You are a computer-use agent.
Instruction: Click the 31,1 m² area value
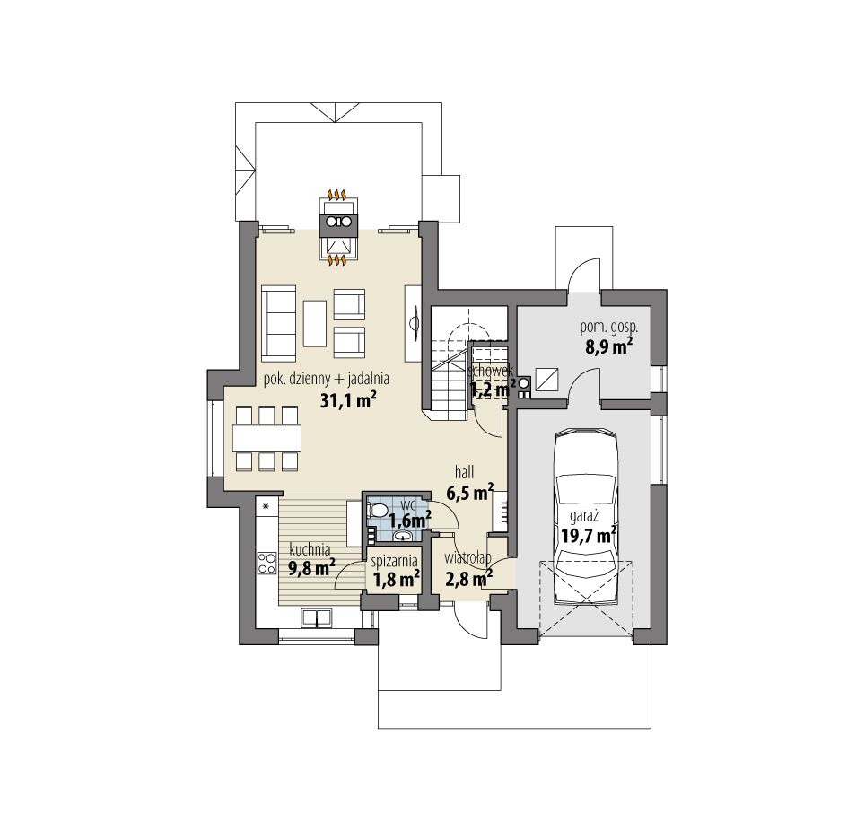click(347, 400)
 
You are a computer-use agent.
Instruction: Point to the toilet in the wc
click(378, 511)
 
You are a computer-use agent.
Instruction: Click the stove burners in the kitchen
click(266, 563)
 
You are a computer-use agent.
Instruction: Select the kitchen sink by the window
click(314, 617)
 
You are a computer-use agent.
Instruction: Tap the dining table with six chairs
click(266, 437)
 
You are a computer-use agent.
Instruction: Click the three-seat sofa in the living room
click(278, 319)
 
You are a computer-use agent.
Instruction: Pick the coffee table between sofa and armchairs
click(315, 322)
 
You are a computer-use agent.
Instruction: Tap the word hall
click(464, 471)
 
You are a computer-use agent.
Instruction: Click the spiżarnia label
click(395, 562)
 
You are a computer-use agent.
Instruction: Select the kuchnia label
click(310, 548)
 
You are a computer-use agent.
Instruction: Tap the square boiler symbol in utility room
click(546, 379)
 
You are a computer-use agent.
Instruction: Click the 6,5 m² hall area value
click(469, 492)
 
